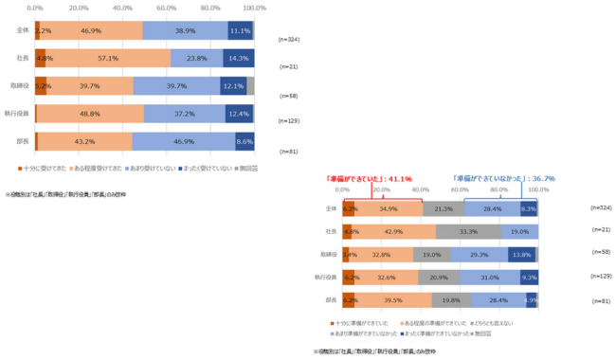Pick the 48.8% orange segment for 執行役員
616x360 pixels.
point(91,114)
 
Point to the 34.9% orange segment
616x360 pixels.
point(389,208)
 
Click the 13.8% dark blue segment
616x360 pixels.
point(521,255)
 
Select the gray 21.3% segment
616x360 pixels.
point(444,208)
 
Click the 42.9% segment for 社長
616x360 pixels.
point(394,231)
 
